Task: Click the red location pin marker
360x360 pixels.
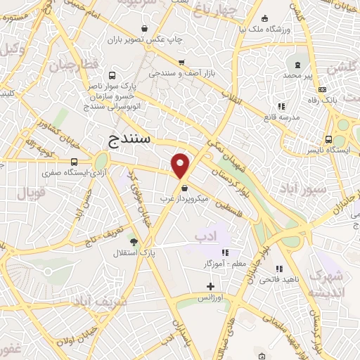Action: pos(181,166)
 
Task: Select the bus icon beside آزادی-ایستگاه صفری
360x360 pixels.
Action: pos(75,162)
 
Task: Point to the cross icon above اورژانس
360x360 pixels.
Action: pos(210,285)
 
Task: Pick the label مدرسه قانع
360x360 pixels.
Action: pos(285,116)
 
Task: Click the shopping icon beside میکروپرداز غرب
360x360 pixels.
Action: pos(185,188)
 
